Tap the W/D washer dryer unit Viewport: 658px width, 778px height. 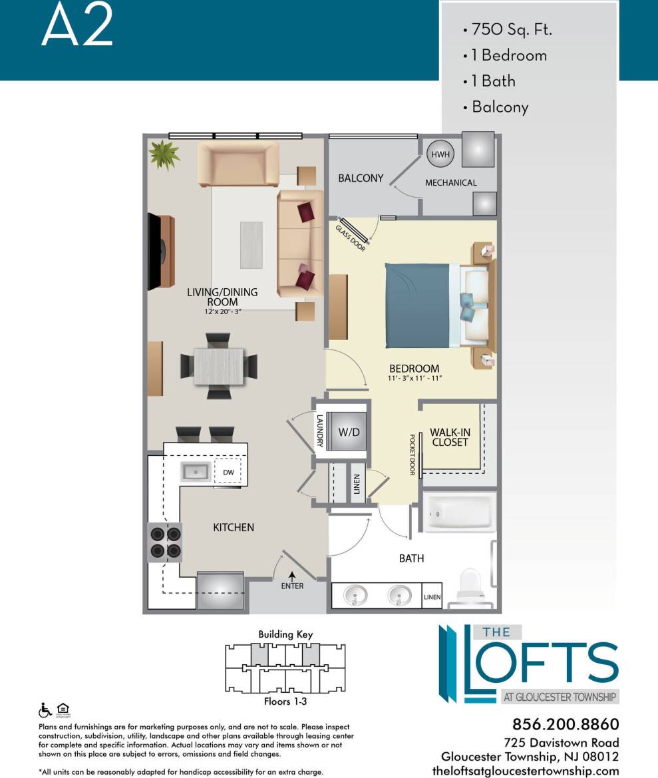[349, 431]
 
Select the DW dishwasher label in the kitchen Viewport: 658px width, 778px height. [228, 472]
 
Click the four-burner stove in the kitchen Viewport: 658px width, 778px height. [165, 542]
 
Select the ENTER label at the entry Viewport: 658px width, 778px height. [292, 586]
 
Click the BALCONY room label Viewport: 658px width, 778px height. [361, 178]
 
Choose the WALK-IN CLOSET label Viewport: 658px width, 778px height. [450, 437]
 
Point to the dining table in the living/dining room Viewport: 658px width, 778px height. [219, 366]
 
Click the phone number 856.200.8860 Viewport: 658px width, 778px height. [566, 724]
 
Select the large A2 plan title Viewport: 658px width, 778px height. [77, 27]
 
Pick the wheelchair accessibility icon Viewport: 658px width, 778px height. [45, 710]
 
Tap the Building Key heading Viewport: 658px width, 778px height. [285, 634]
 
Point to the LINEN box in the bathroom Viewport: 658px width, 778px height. [432, 598]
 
